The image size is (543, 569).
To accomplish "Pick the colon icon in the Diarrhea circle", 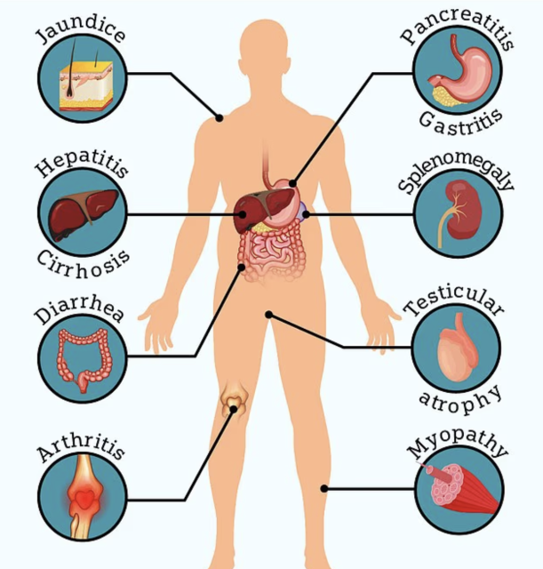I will click(83, 357).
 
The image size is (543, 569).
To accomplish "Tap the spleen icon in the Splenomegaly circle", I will click(458, 213).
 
